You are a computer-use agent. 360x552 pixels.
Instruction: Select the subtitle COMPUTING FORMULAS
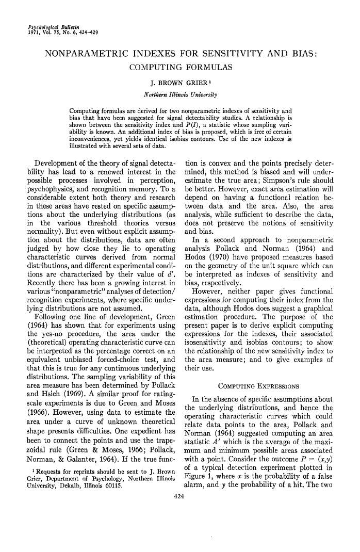[x=179, y=68]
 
